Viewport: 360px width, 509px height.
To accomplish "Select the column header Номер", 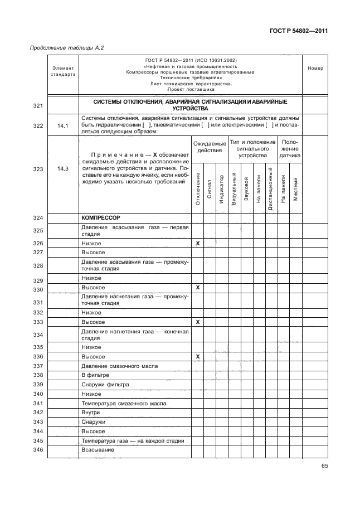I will [315, 69].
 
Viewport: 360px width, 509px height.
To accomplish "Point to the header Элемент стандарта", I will [63, 71].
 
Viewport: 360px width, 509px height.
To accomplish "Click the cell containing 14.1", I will [63, 125].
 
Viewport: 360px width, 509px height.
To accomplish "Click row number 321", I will [38, 105].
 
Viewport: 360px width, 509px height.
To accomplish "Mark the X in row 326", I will [197, 244].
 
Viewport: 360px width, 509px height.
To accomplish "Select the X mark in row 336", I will [197, 356].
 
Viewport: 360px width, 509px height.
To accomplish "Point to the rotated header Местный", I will [295, 190].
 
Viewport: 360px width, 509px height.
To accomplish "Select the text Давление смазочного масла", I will [119, 366].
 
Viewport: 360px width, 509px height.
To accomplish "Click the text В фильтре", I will [94, 375].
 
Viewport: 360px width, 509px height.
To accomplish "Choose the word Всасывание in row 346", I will [98, 449].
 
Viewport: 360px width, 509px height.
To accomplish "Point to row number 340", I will [38, 394].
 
